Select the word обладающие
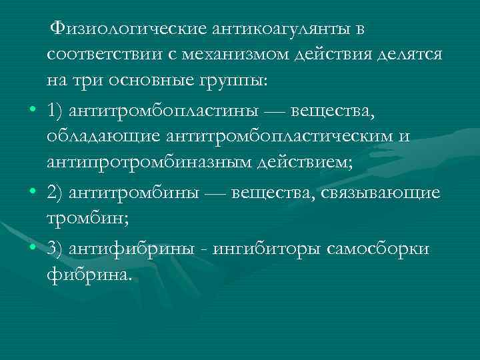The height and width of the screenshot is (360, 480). click(116, 137)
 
